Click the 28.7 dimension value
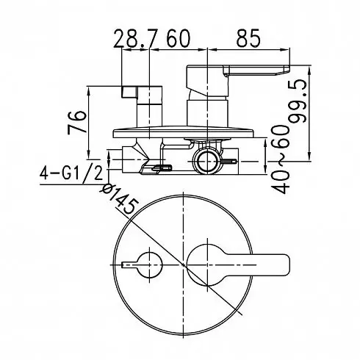pyautogui.click(x=134, y=38)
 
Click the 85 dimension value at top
pyautogui.click(x=248, y=38)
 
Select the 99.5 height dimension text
pyautogui.click(x=298, y=101)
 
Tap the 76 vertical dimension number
pyautogui.click(x=77, y=123)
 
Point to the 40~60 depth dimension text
pyautogui.click(x=280, y=159)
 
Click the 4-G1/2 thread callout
pyautogui.click(x=71, y=173)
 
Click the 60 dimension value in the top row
pyautogui.click(x=179, y=38)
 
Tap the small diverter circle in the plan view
pyautogui.click(x=150, y=265)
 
